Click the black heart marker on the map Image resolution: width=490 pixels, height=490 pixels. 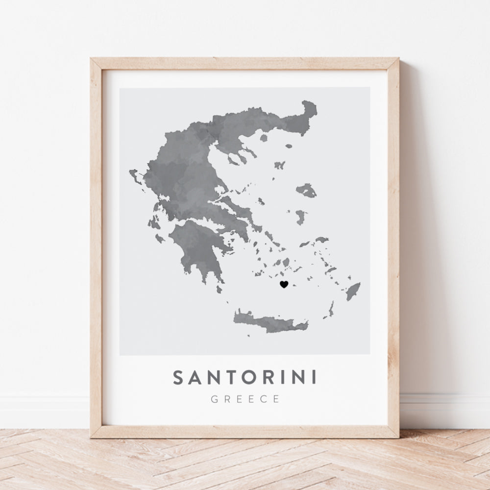point(283,284)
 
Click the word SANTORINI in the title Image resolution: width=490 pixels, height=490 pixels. point(245,378)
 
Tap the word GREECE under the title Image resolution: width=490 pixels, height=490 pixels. point(245,399)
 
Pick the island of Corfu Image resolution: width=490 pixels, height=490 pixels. point(135,175)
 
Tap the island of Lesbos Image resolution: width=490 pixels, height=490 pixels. point(306,190)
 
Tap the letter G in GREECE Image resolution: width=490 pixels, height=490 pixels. point(214,399)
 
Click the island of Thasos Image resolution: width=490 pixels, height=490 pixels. point(264,138)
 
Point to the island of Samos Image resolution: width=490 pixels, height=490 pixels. point(321,240)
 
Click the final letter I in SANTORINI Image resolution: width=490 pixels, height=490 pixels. point(313,378)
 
